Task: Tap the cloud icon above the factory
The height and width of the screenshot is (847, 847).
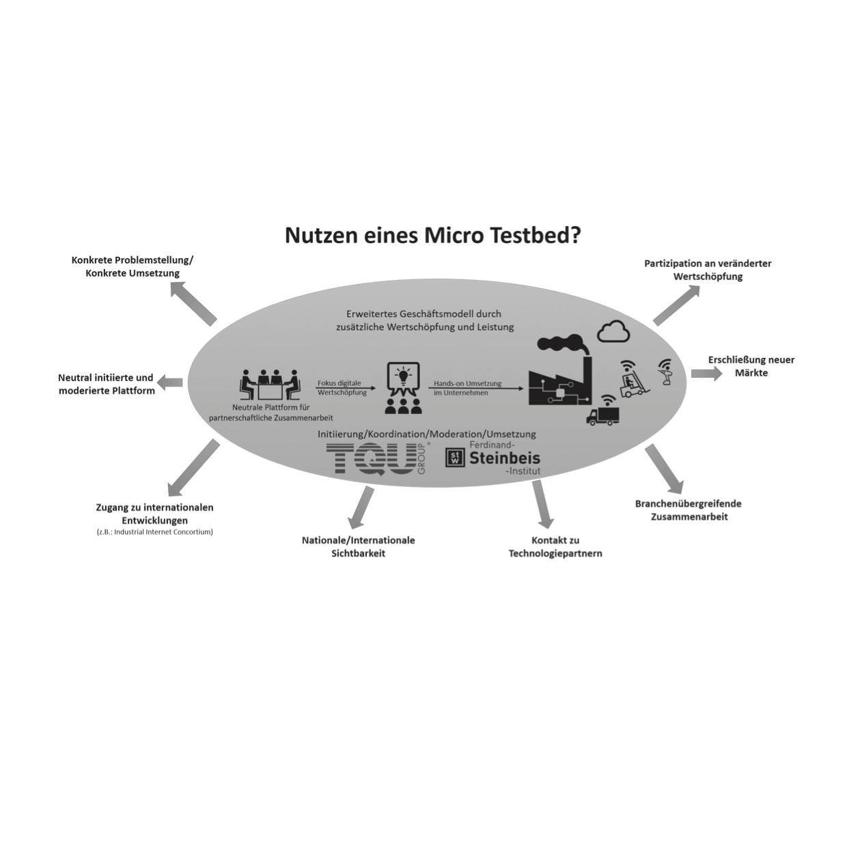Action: (x=613, y=331)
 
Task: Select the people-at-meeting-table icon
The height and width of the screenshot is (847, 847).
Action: (x=270, y=384)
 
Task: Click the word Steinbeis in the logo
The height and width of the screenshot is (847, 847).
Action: (x=505, y=458)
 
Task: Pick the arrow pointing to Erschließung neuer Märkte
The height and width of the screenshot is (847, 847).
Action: (x=706, y=374)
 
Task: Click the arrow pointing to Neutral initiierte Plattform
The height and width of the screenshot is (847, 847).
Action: (x=170, y=383)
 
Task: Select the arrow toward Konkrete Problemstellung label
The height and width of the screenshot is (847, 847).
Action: (x=193, y=304)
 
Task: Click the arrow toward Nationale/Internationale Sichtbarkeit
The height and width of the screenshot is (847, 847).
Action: (x=361, y=508)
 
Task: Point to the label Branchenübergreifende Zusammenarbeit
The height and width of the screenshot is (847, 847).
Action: (x=689, y=510)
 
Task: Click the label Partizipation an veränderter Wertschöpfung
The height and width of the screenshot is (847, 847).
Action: (x=708, y=270)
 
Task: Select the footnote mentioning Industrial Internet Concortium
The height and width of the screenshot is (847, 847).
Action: (x=155, y=532)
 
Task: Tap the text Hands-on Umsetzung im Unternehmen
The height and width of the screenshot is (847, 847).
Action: (x=468, y=388)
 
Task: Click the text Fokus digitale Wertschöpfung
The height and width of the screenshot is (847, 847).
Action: (x=342, y=388)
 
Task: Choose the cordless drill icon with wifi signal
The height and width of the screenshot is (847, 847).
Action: (x=665, y=372)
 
